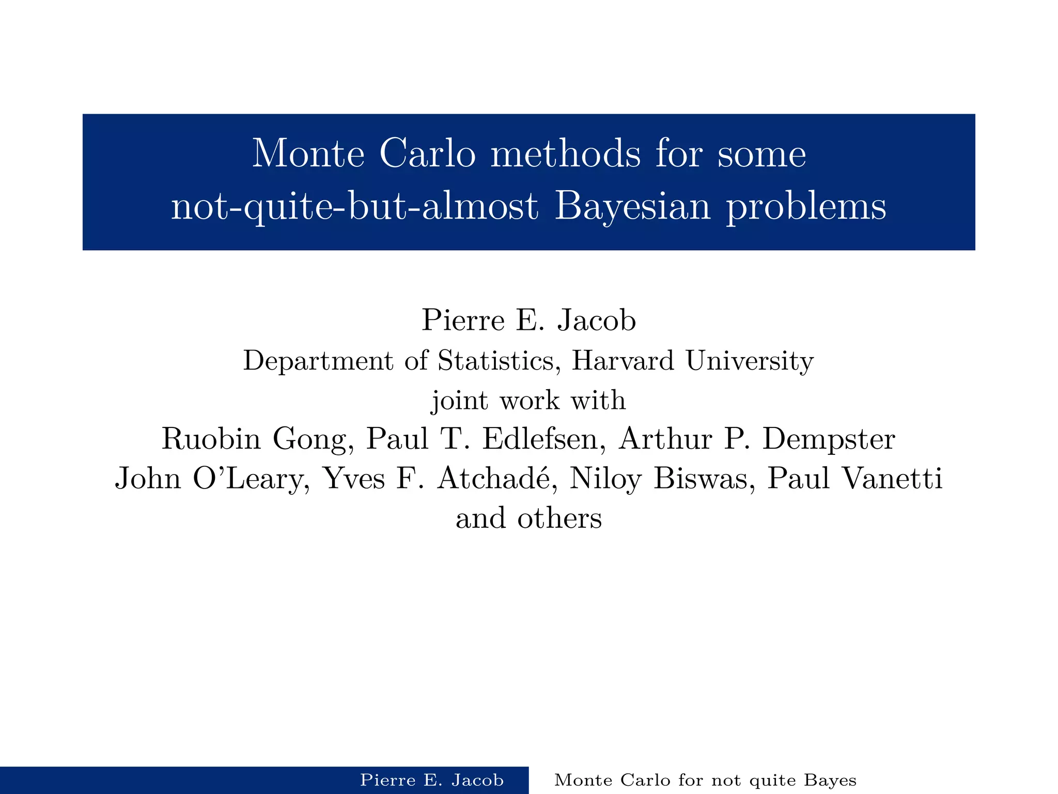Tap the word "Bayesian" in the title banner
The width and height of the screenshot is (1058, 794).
pos(632,206)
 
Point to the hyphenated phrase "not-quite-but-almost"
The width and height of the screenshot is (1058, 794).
pos(354,206)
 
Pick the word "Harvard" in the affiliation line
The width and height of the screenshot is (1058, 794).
pos(623,360)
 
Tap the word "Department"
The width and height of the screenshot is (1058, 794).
pos(318,360)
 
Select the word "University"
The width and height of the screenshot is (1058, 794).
pos(750,360)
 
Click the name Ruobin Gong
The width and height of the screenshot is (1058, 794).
pos(254,439)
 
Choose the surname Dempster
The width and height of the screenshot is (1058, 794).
pos(829,439)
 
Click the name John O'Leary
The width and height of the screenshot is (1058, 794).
pos(209,479)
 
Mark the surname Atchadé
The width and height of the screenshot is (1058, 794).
pos(496,479)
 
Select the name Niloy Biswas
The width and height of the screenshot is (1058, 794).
pos(658,479)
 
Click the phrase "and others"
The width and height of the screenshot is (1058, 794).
pos(528,518)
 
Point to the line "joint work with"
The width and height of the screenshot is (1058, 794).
pos(528,400)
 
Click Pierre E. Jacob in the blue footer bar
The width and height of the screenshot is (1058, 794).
pos(431,780)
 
